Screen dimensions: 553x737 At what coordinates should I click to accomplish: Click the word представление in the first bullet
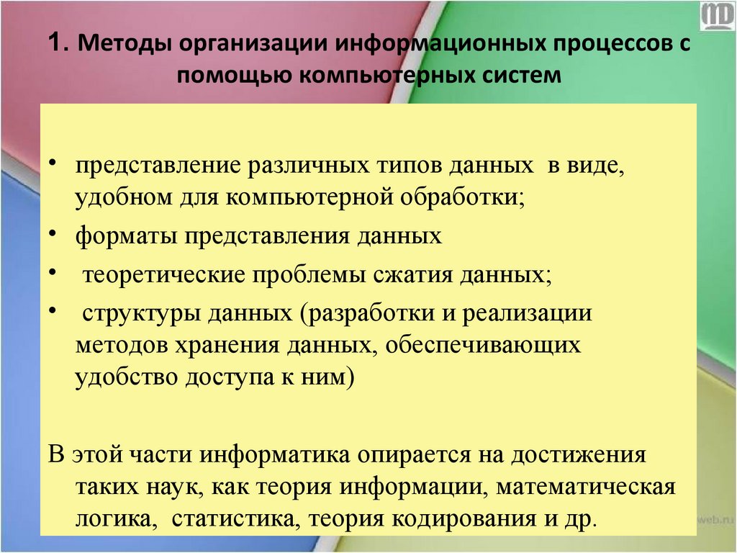155,166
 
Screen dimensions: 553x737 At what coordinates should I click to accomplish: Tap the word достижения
578,456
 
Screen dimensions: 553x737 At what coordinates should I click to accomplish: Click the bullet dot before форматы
55,235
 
